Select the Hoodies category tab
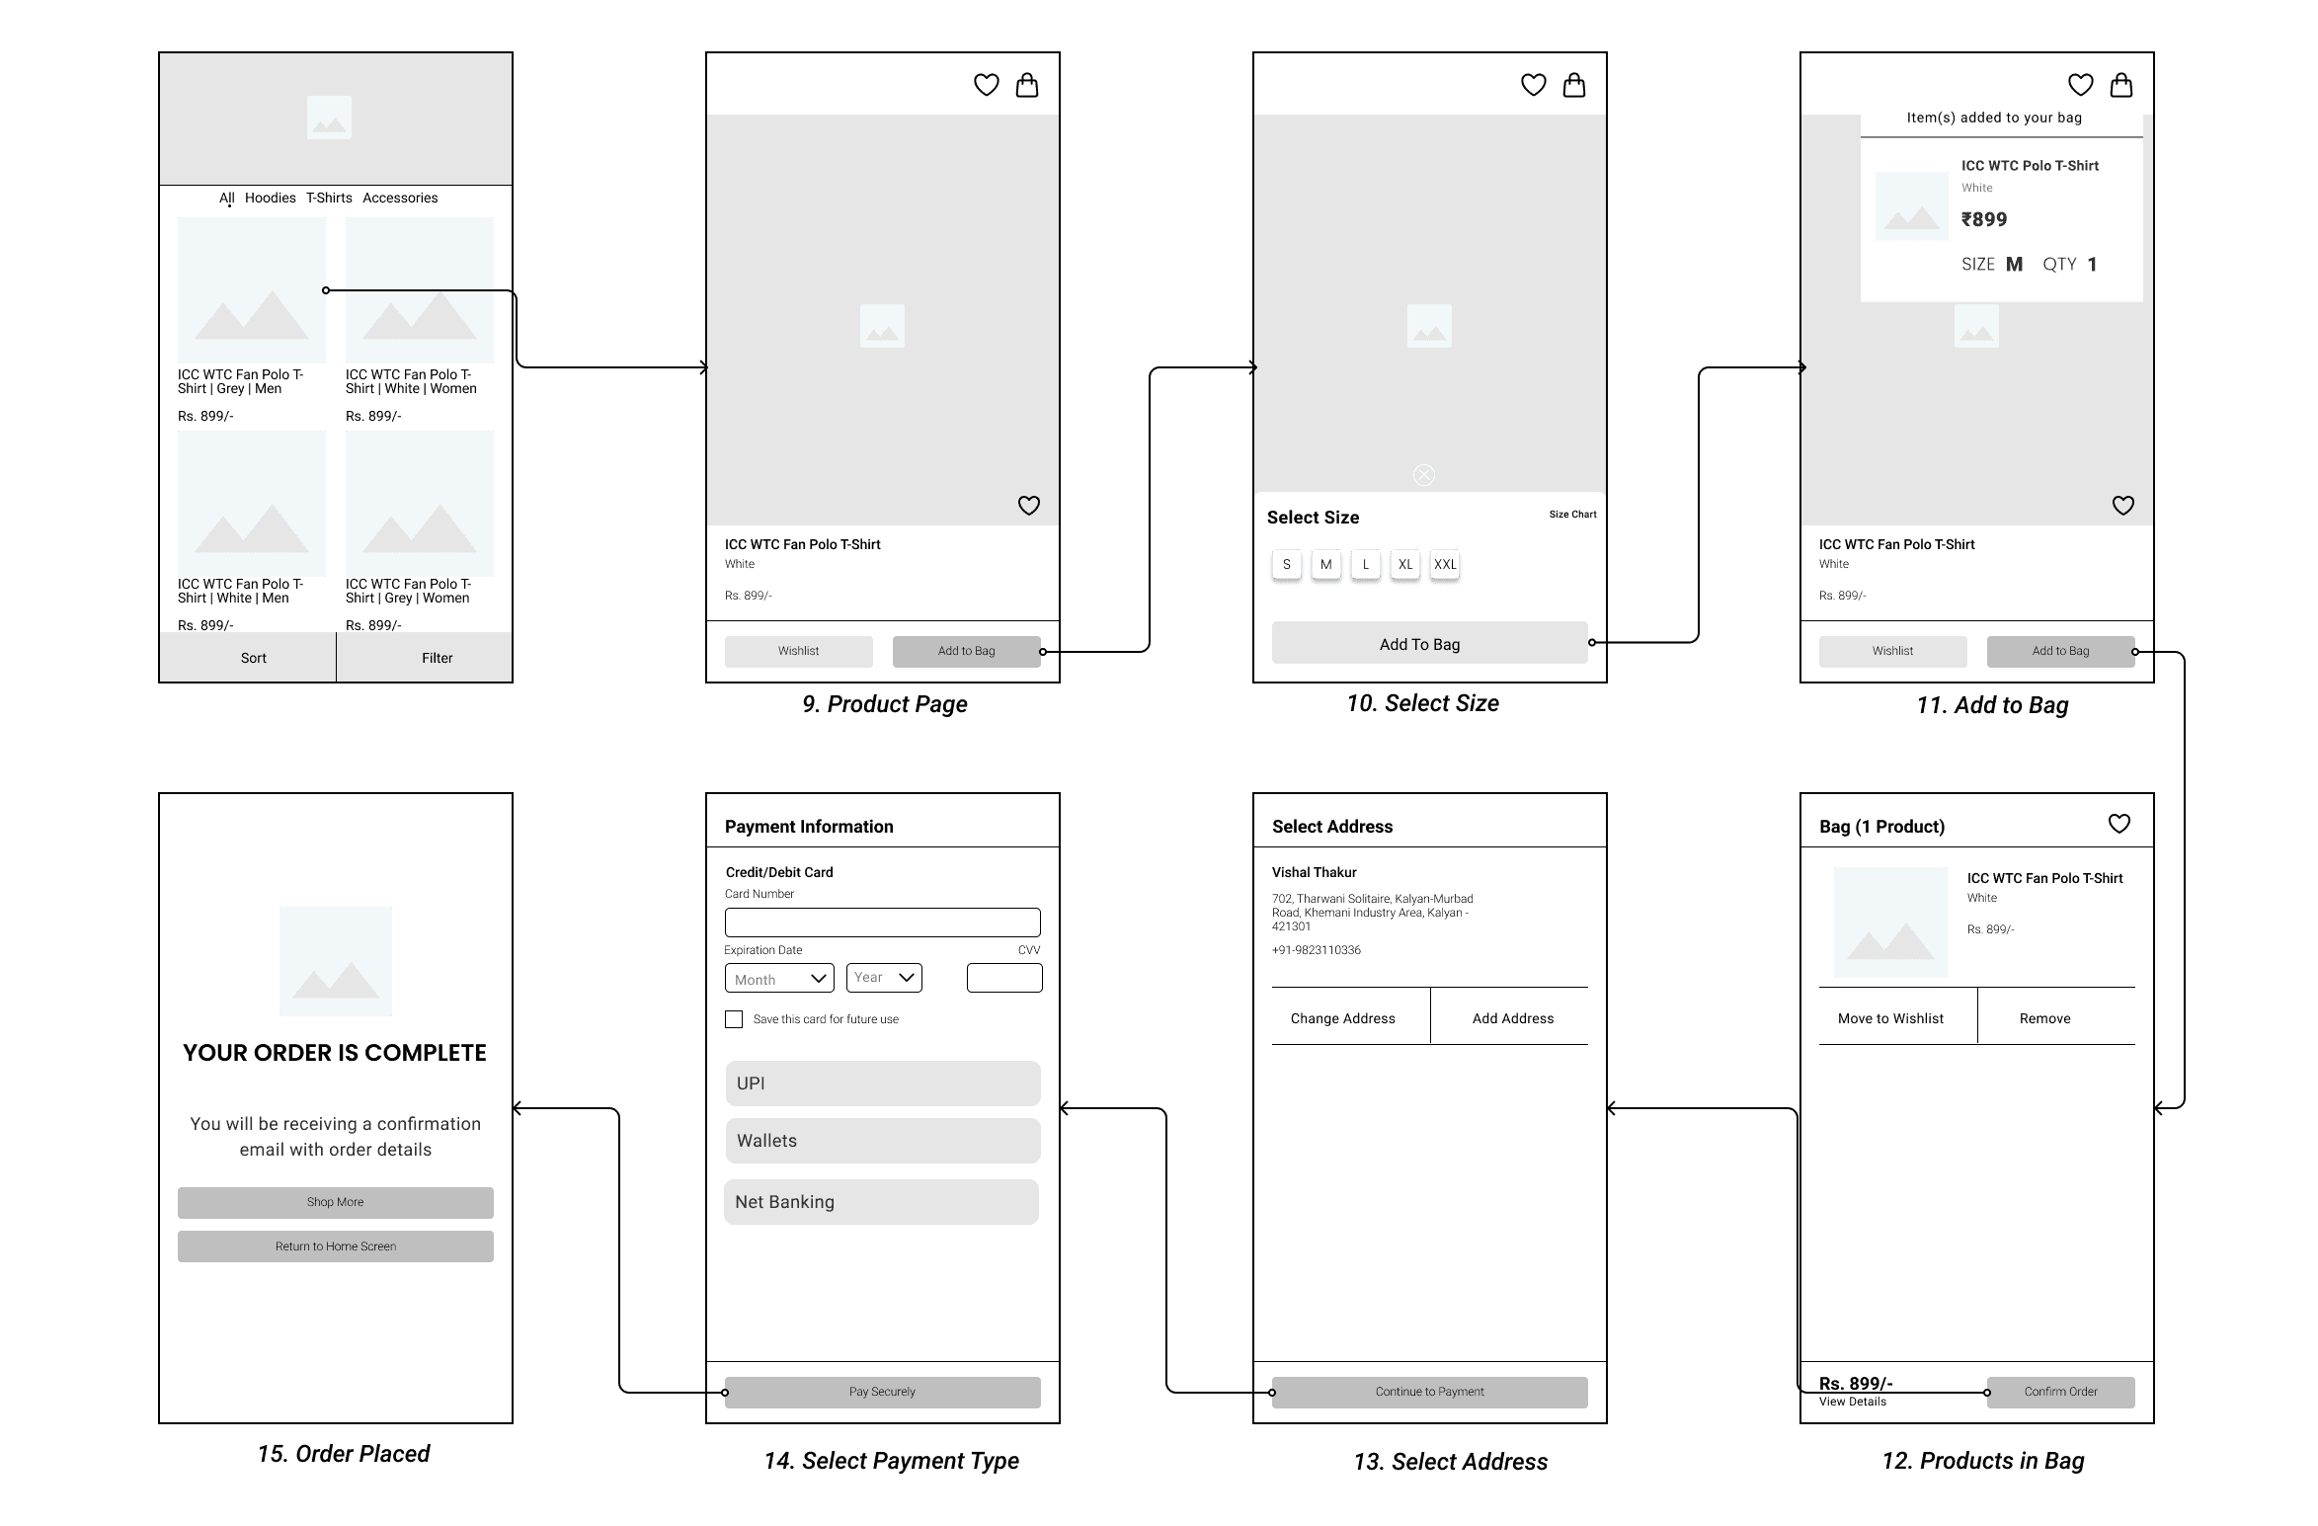pyautogui.click(x=271, y=198)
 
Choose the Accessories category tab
pyautogui.click(x=400, y=198)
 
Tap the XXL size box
pyautogui.click(x=1445, y=565)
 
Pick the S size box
pyautogui.click(x=1287, y=565)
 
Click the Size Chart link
pyautogui.click(x=1572, y=515)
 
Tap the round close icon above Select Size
pyautogui.click(x=1424, y=475)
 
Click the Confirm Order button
pyautogui.click(x=2061, y=1392)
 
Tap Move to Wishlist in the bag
pyautogui.click(x=1890, y=1018)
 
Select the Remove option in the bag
pyautogui.click(x=2045, y=1018)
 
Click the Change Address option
pyautogui.click(x=1343, y=1018)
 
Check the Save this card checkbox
pyautogui.click(x=734, y=1019)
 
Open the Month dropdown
pyautogui.click(x=779, y=978)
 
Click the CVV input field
pyautogui.click(x=1004, y=978)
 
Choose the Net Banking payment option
pyautogui.click(x=882, y=1202)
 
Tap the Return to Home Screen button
pyautogui.click(x=336, y=1246)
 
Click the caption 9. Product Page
pyautogui.click(x=885, y=704)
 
